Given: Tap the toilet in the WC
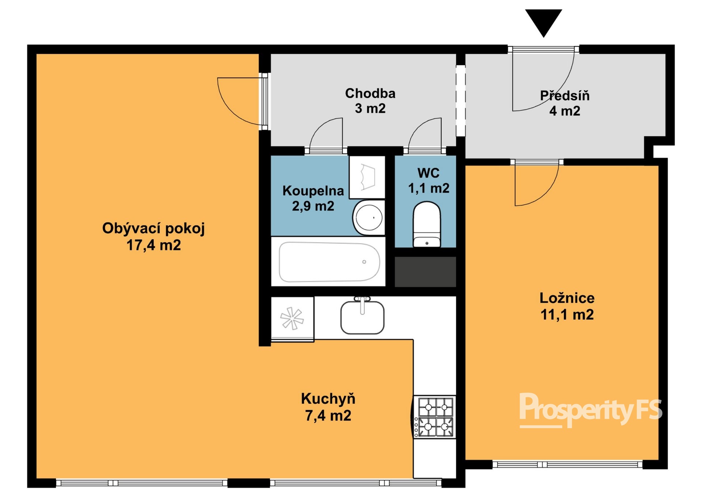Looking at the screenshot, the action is (427, 224).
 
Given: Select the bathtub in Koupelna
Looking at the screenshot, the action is (329, 262).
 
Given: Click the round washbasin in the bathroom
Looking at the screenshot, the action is (369, 217).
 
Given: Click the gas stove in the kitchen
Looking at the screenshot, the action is (435, 417).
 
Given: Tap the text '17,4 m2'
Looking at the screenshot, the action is (154, 245).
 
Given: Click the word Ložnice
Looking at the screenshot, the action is (567, 298).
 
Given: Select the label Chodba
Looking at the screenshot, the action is (370, 93).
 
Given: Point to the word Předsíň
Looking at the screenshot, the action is (565, 96).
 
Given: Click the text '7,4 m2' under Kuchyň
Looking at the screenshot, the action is (328, 416).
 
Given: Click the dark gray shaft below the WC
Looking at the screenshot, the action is (425, 272).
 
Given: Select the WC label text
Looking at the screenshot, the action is (429, 173).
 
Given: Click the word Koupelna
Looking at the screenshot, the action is (313, 191).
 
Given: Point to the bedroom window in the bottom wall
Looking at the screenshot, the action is (567, 464).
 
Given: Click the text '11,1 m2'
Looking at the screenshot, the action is (567, 315).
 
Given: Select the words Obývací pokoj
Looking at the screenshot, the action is (154, 228).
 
